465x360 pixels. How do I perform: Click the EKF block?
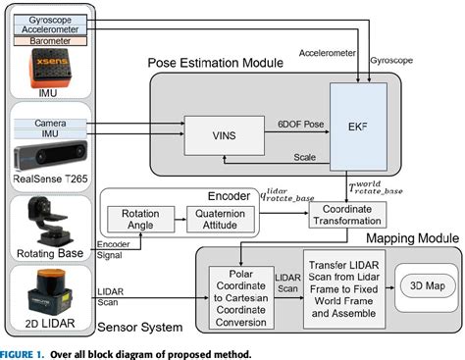pyautogui.click(x=358, y=127)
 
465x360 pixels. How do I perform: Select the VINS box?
pyautogui.click(x=225, y=135)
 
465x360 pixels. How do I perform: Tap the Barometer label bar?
pyautogui.click(x=50, y=41)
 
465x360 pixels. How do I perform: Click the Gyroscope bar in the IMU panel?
pyautogui.click(x=50, y=20)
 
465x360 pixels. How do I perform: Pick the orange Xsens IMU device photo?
pyautogui.click(x=50, y=68)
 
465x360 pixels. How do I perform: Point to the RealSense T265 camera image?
pyautogui.click(x=50, y=155)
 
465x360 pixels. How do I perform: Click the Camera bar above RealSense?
pyautogui.click(x=50, y=124)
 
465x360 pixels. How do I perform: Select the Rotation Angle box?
pyautogui.click(x=140, y=219)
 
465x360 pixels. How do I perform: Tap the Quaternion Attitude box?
pyautogui.click(x=220, y=219)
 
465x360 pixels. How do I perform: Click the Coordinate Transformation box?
pyautogui.click(x=347, y=215)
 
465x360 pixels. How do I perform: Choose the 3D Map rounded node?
pyautogui.click(x=428, y=285)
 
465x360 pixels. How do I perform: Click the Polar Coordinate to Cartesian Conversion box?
pyautogui.click(x=241, y=297)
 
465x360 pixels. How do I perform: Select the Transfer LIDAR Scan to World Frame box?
pyautogui.click(x=344, y=289)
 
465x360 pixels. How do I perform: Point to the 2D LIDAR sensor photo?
pyautogui.click(x=50, y=292)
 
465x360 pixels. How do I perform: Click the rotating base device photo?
pyautogui.click(x=50, y=222)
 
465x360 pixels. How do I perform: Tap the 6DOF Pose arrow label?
pyautogui.click(x=301, y=125)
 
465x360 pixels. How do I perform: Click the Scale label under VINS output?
pyautogui.click(x=305, y=157)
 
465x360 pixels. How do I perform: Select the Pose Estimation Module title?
pyautogui.click(x=216, y=63)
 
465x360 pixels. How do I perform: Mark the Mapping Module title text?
pyautogui.click(x=413, y=238)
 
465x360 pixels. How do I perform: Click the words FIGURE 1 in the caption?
pyautogui.click(x=22, y=354)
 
